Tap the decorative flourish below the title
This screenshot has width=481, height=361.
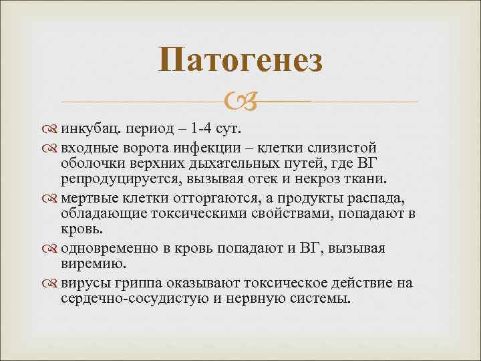240,102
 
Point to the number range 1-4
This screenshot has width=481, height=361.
203,128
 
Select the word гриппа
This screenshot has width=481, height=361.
140,283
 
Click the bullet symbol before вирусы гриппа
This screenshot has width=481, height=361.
53,283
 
